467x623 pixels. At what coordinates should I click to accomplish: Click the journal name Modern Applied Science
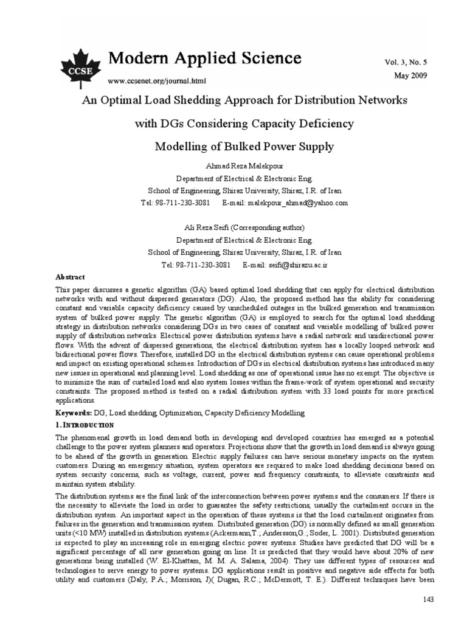(204, 58)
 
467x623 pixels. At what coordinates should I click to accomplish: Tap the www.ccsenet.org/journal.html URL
(156, 80)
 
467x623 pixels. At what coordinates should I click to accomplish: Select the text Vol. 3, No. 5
(406, 63)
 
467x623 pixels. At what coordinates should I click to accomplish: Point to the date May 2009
(410, 75)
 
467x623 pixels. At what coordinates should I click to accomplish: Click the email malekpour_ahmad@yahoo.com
(294, 203)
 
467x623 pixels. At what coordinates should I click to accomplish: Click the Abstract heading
(71, 276)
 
